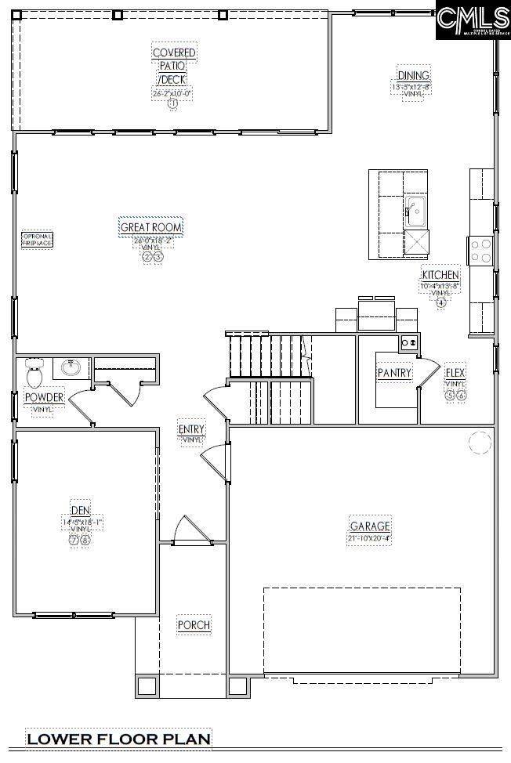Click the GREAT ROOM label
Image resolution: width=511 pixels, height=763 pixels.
(x=151, y=228)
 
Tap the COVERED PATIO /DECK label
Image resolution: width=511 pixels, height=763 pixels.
(x=174, y=67)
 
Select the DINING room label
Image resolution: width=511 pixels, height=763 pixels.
(x=413, y=75)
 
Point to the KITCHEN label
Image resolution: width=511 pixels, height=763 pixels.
(x=440, y=275)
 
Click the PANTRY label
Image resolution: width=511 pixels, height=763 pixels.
(x=394, y=373)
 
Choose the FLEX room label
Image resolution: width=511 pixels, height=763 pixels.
(x=455, y=373)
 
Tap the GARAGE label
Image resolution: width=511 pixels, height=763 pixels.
(x=370, y=526)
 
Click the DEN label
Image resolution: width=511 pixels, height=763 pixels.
(x=80, y=510)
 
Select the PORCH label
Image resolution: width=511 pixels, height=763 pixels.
(x=194, y=625)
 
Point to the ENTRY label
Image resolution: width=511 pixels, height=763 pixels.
(x=191, y=429)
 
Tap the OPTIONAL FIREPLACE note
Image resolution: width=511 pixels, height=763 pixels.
(x=37, y=240)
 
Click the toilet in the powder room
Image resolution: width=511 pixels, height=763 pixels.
(x=34, y=374)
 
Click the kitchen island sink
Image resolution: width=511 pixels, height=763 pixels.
(x=415, y=209)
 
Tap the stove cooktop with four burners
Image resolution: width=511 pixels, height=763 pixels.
(x=480, y=251)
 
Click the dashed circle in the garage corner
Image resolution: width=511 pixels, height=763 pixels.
(x=479, y=443)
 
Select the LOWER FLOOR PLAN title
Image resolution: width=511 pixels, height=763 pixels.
(x=118, y=739)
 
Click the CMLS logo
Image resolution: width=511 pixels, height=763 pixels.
(x=473, y=20)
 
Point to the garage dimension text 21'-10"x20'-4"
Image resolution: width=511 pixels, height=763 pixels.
(x=369, y=538)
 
